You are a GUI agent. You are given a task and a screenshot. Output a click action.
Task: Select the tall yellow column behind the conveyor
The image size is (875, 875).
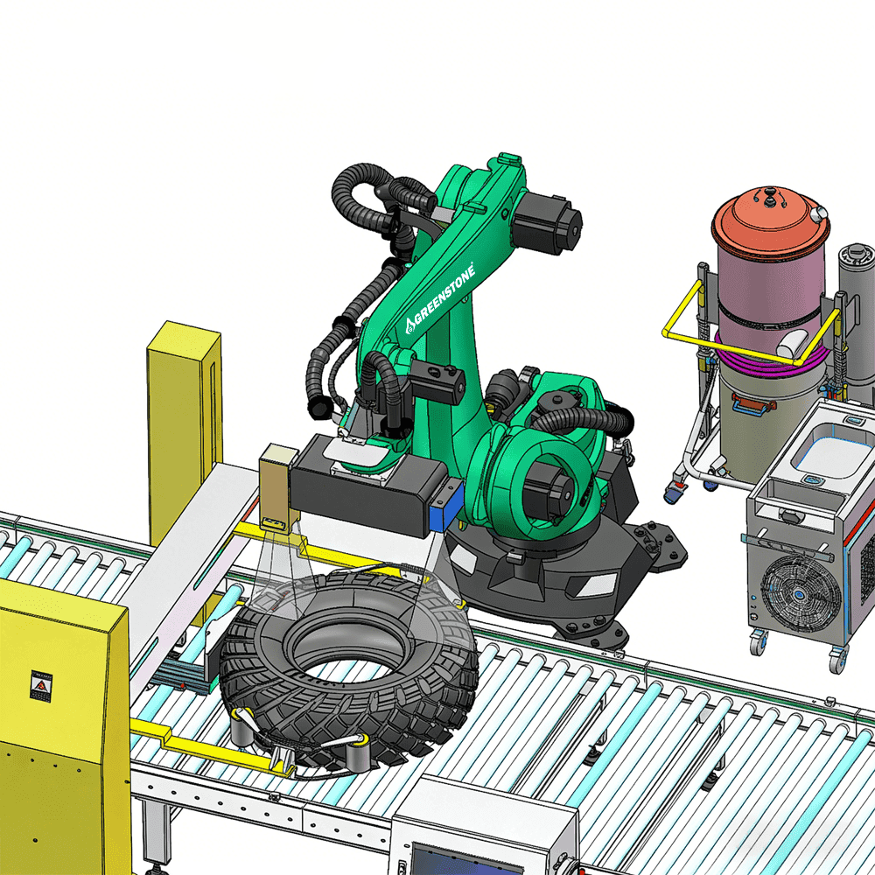point(183,429)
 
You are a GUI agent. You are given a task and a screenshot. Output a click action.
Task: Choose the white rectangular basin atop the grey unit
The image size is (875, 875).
point(822,454)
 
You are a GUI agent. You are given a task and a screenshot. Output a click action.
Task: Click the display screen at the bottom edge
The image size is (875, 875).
point(455,858)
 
